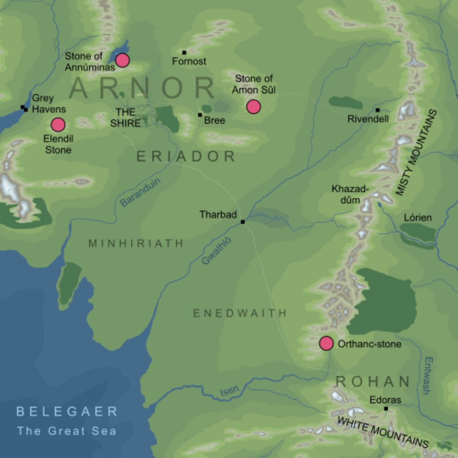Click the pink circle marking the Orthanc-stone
pyautogui.click(x=326, y=343)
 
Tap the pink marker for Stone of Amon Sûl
pyautogui.click(x=253, y=107)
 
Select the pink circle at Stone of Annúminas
pyautogui.click(x=122, y=60)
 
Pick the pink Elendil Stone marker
pyautogui.click(x=58, y=125)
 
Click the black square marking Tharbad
pyautogui.click(x=243, y=222)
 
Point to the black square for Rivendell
pyautogui.click(x=377, y=110)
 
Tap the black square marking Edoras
pyautogui.click(x=386, y=409)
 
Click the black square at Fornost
pyautogui.click(x=184, y=52)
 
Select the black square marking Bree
pyautogui.click(x=200, y=114)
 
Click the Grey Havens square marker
pyautogui.click(x=24, y=108)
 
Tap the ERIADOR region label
pyautogui.click(x=186, y=157)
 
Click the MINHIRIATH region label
pyautogui.click(x=136, y=243)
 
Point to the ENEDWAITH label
pyautogui.click(x=240, y=313)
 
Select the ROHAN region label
pyautogui.click(x=373, y=382)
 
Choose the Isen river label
pyautogui.click(x=229, y=390)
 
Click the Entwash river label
pyautogui.click(x=426, y=376)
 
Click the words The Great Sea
pyautogui.click(x=66, y=431)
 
